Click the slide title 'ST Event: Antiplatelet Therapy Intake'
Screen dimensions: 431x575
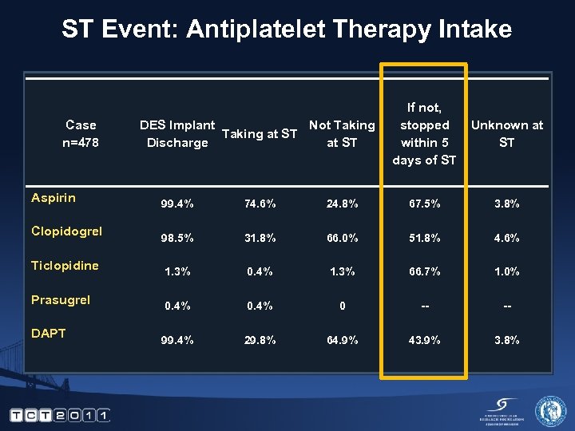coord(287,30)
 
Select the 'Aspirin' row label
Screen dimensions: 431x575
coord(53,197)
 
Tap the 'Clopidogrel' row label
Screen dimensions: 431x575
coord(66,231)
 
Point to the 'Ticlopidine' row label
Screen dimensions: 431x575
coord(65,266)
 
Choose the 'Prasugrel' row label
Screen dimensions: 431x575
coord(60,300)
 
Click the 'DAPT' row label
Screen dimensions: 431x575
coord(48,334)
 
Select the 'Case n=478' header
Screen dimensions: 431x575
coord(81,133)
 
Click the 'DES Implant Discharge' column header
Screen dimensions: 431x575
coord(177,133)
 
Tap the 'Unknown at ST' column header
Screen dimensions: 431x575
coord(506,133)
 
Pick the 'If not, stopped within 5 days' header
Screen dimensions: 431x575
coord(424,133)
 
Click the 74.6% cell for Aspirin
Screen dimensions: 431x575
coord(260,204)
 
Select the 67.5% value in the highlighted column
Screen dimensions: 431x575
coord(424,204)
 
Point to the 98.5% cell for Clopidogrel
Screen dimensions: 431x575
coord(177,238)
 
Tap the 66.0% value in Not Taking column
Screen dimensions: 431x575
coord(342,238)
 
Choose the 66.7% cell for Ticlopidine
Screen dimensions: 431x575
coord(424,272)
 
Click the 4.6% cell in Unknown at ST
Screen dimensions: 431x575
coord(506,238)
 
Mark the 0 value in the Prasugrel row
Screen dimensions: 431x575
coord(342,306)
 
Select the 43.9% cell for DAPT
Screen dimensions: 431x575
coord(424,340)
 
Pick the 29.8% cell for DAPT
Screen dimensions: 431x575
coord(260,340)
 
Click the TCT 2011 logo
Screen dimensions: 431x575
coord(60,414)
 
